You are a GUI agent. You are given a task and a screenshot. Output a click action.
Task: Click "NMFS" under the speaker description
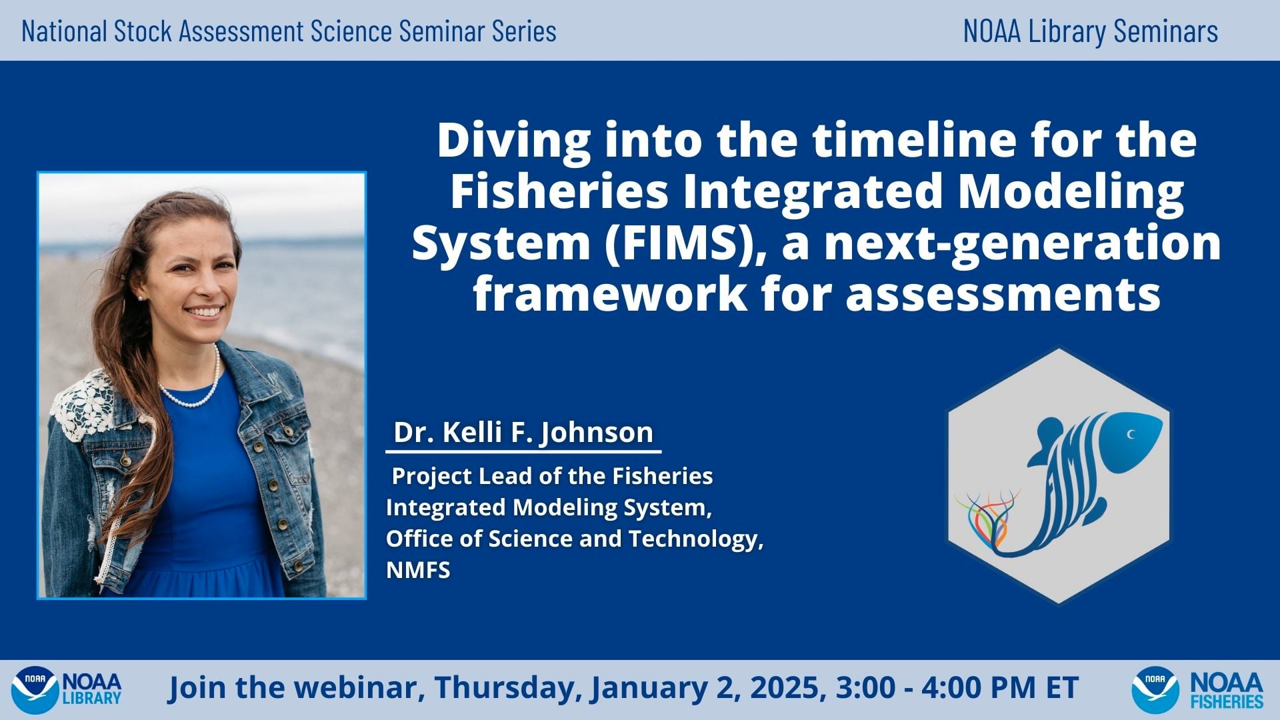tap(418, 570)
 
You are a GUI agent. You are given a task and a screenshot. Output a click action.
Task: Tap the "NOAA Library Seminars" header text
tap(1090, 31)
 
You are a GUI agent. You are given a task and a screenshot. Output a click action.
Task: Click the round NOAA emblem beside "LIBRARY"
tap(34, 689)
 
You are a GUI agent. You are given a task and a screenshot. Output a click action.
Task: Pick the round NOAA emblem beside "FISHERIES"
tap(1155, 689)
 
